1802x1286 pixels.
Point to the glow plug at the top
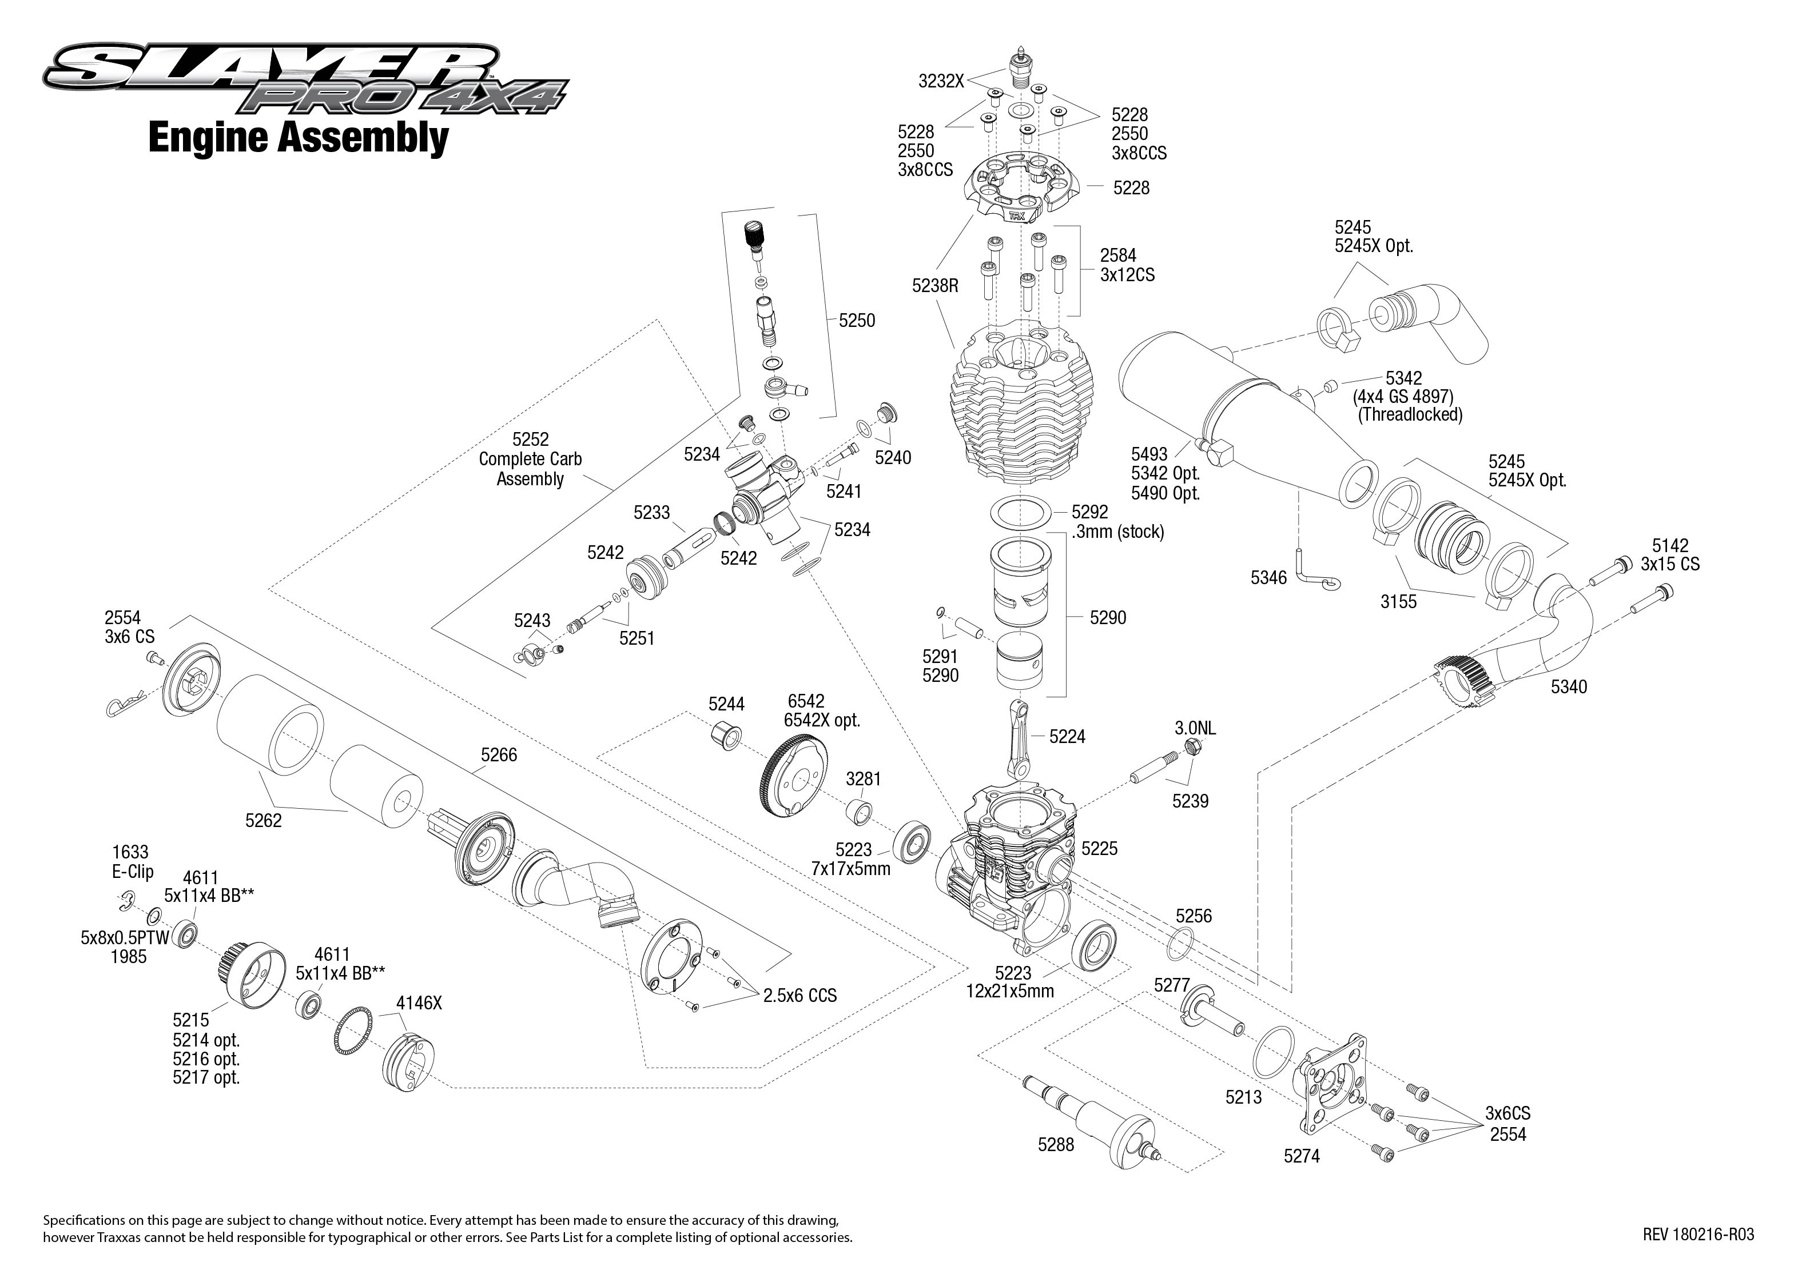pos(1022,70)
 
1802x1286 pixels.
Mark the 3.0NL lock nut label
pos(1195,727)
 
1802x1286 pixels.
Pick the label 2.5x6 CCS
pos(799,996)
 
